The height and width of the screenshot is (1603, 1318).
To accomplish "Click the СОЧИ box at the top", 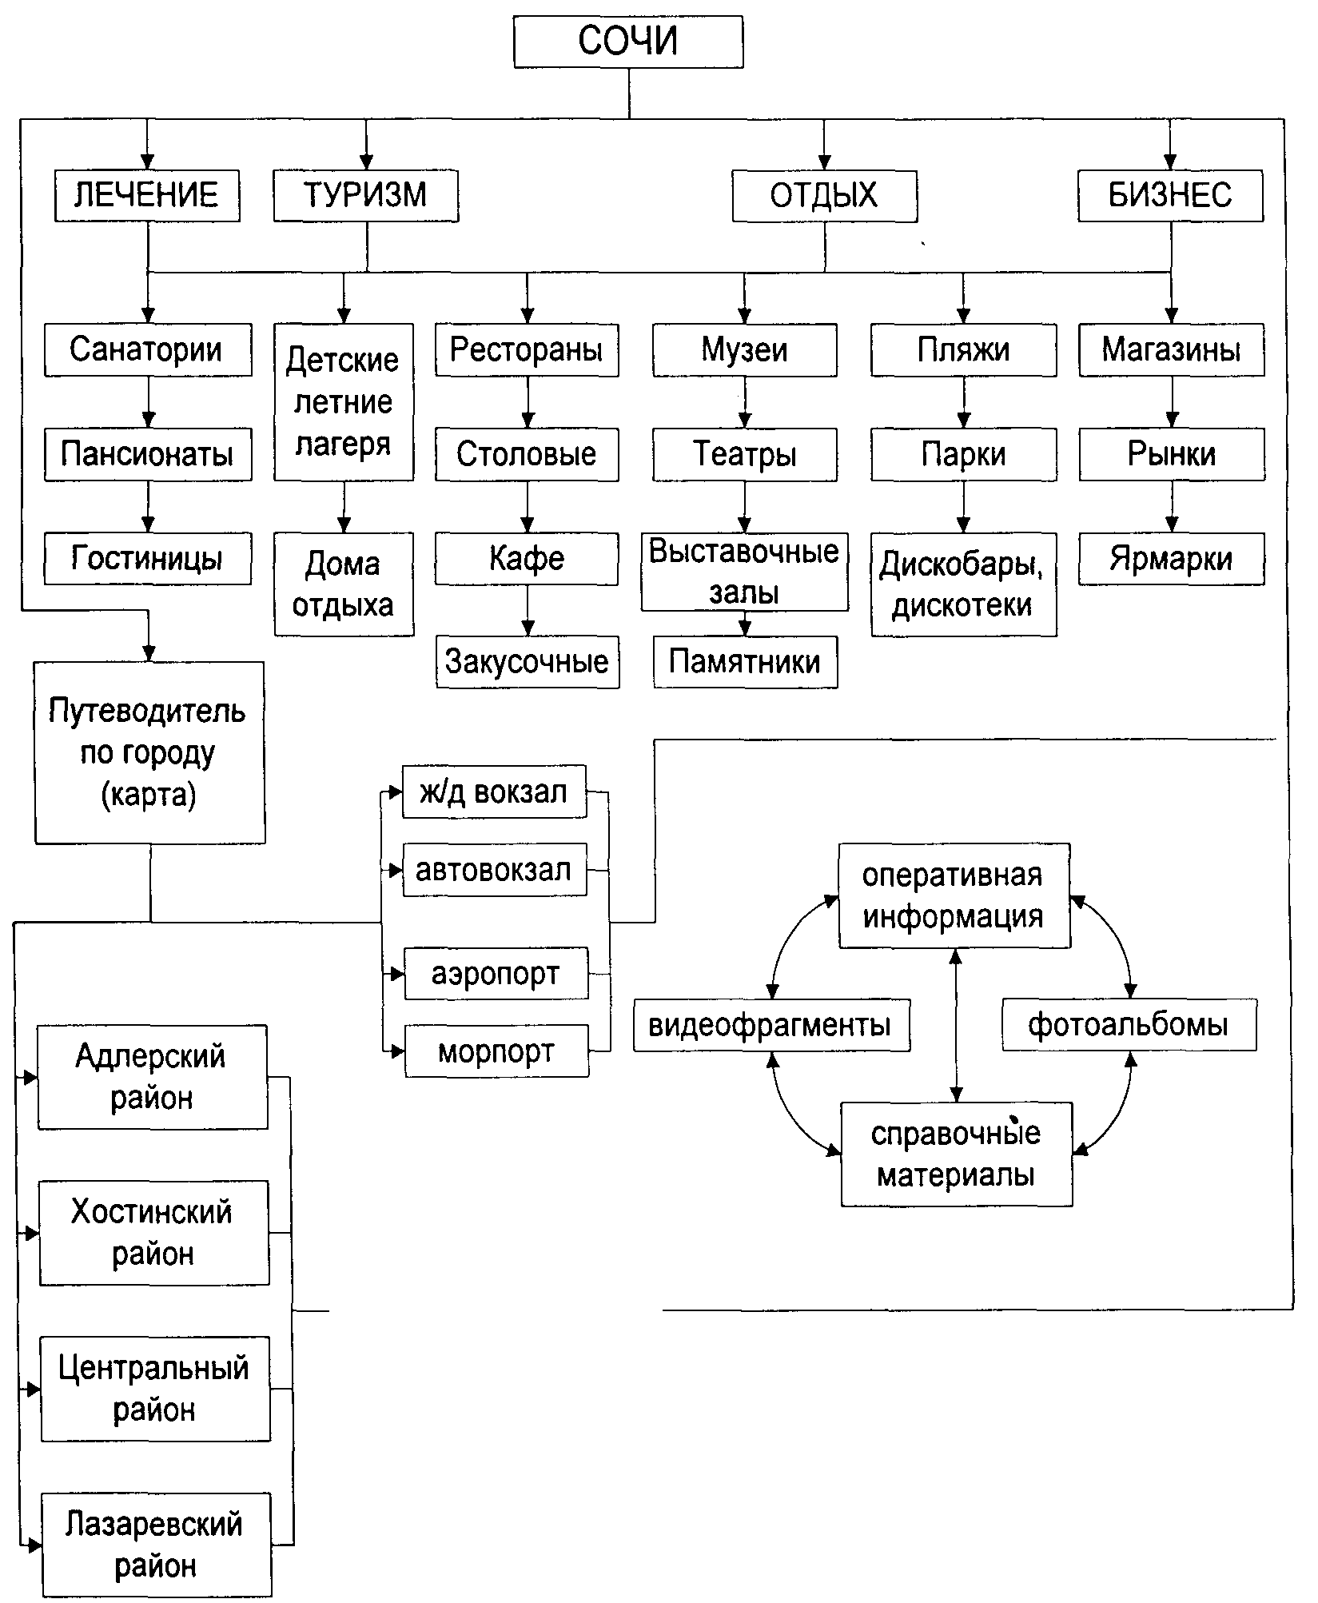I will pos(627,42).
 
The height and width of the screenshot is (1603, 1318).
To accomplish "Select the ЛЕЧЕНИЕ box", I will pos(147,195).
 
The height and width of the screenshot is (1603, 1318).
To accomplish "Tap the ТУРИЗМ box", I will pos(365,195).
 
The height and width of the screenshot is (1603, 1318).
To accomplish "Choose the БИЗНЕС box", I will pos(1170,195).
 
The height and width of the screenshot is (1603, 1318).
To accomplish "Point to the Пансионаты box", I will pos(148,454).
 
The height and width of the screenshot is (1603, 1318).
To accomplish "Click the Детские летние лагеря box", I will pos(344,401).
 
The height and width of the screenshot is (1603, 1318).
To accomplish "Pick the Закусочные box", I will pos(528,662).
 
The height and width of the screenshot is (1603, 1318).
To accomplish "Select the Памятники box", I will pos(745,662).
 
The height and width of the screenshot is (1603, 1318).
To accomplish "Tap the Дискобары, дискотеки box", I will pos(963,584).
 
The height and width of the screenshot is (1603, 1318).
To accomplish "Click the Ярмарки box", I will pos(1171,559).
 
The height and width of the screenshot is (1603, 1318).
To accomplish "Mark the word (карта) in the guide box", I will pos(149,796).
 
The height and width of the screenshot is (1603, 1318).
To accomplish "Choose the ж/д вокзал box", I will pos(494,792).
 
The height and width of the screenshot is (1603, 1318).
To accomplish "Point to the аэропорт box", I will pos(496,974).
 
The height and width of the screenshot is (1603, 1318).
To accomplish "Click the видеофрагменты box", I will pos(770,1025).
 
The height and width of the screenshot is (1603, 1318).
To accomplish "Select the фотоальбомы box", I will pos(1129,1025).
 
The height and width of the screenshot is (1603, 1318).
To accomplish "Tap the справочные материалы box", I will pos(956,1154).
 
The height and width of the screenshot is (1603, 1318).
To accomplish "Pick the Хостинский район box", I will pos(153,1233).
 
